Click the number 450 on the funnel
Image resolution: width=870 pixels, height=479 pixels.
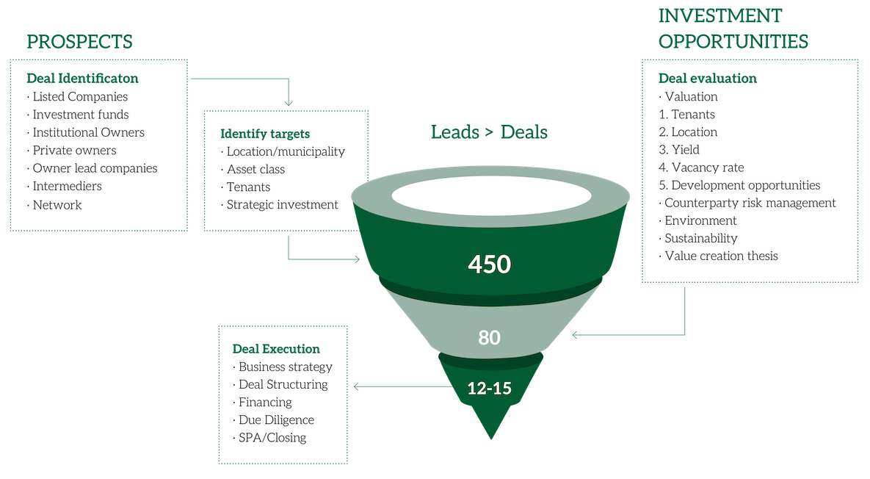(489, 264)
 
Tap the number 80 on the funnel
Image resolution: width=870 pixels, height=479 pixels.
(490, 337)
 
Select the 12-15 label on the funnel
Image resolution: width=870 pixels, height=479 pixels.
(490, 388)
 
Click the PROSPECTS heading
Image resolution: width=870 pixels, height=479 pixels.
(79, 42)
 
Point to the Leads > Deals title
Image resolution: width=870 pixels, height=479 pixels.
(490, 132)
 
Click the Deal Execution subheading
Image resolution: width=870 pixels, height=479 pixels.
(276, 348)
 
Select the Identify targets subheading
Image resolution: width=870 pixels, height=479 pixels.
(265, 134)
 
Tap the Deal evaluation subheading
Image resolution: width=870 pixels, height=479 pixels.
(708, 79)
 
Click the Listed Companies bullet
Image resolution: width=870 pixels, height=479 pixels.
(78, 96)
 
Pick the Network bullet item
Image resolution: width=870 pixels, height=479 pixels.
(54, 205)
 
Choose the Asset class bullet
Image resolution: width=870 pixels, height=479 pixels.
(253, 169)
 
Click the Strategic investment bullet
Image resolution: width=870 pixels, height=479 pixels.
(280, 205)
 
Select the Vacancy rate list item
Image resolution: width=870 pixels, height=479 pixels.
(701, 168)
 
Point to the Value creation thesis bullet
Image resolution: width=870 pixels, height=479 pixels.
(719, 256)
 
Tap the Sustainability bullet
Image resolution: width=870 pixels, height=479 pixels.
(698, 238)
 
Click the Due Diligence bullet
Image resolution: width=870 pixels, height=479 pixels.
(274, 420)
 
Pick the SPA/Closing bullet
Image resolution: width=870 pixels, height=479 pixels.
(269, 438)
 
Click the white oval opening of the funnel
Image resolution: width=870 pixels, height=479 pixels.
(491, 198)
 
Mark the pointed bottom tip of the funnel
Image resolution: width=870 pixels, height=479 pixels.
(491, 439)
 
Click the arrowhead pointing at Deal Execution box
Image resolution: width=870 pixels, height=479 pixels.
(356, 386)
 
